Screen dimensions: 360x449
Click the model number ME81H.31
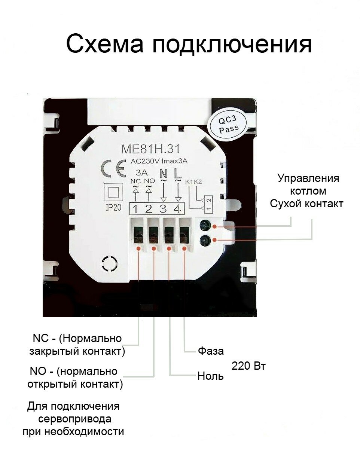point(150,149)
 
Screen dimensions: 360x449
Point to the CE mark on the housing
point(113,169)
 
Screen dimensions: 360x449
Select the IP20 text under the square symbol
point(113,208)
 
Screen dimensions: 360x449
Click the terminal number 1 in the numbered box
point(135,209)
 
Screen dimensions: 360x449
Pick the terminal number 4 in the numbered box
point(178,209)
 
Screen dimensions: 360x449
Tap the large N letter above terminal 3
point(163,174)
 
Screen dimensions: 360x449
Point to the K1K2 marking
point(193,182)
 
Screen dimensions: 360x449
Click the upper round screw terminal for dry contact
point(204,226)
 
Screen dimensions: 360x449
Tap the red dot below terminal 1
point(139,248)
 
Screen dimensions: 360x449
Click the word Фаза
point(211,351)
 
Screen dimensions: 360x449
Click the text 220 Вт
point(248,366)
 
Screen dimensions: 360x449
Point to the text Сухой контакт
point(306,204)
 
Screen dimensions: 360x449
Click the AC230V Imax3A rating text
point(158,161)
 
